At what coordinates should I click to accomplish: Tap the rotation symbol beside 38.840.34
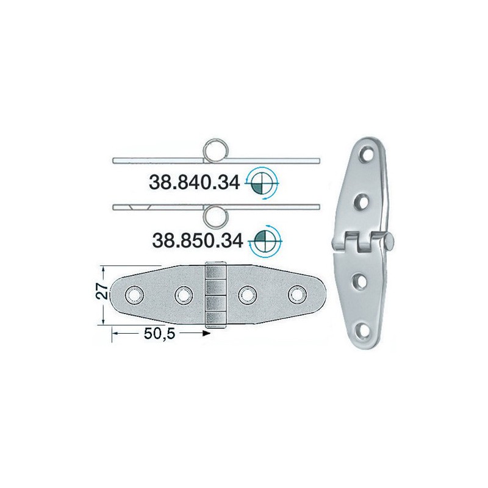264,181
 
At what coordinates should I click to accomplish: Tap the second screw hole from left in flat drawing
182,295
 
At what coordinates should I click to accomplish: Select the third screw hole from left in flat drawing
246,295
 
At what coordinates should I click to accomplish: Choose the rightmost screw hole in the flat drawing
297,295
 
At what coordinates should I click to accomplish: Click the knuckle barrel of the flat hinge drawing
215,296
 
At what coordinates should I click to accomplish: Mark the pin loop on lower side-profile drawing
215,214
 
